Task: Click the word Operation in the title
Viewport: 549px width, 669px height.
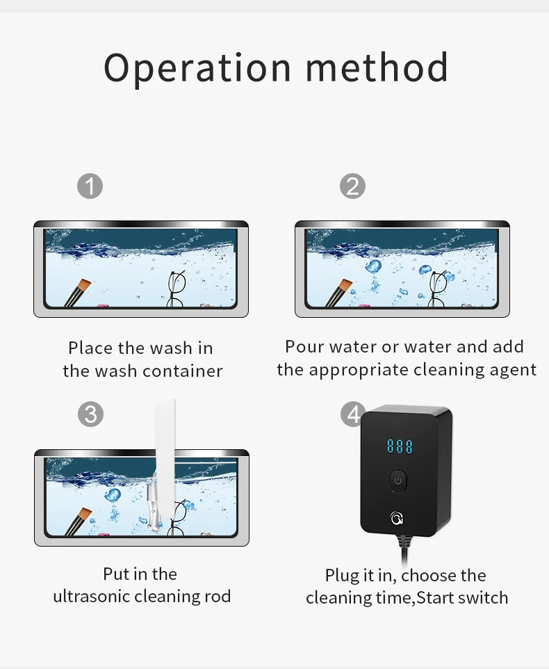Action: click(x=197, y=68)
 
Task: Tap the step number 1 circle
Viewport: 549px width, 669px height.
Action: click(x=90, y=186)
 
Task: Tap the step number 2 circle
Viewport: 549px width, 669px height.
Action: click(x=352, y=186)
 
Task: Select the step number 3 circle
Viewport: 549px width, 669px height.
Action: click(x=90, y=414)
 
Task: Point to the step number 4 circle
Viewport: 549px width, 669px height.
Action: click(x=352, y=414)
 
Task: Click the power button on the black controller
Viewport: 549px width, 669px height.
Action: click(x=398, y=481)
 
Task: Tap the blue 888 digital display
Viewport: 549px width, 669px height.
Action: click(x=400, y=446)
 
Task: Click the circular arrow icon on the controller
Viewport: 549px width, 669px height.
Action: click(x=397, y=518)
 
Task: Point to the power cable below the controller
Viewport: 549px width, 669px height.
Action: click(x=404, y=550)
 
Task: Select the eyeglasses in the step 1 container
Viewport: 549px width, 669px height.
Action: click(x=176, y=289)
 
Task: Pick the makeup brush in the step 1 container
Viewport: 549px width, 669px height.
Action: click(x=78, y=293)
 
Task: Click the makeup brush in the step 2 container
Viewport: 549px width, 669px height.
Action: click(x=339, y=293)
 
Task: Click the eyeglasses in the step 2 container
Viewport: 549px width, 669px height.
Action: click(x=438, y=289)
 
